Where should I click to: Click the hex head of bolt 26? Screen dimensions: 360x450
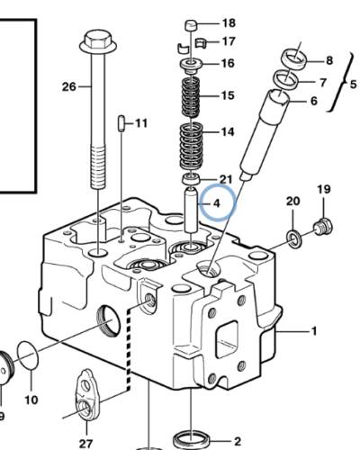[x=98, y=42]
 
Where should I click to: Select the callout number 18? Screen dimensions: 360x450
[x=229, y=23]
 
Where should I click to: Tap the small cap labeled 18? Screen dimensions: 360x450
[x=191, y=25]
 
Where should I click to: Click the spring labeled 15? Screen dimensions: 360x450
[x=191, y=97]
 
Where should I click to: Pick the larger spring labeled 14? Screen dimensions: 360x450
[x=191, y=147]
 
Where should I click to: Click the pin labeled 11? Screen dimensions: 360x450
[x=121, y=123]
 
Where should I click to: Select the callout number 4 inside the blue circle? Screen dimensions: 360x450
[x=217, y=203]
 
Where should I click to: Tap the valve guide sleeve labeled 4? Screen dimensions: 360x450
[x=191, y=210]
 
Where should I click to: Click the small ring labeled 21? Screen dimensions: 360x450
[x=191, y=178]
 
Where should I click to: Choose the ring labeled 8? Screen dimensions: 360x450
[x=294, y=59]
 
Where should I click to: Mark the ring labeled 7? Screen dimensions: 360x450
[x=285, y=79]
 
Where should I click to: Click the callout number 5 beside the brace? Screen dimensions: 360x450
[x=353, y=85]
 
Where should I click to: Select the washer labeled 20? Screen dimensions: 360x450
[x=294, y=238]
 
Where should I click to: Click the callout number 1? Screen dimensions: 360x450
[x=314, y=331]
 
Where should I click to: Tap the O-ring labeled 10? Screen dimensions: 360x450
[x=28, y=355]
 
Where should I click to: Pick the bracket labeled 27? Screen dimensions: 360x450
[x=87, y=395]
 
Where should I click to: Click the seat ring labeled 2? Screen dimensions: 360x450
[x=193, y=441]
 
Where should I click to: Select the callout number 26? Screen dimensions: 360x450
[x=69, y=87]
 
